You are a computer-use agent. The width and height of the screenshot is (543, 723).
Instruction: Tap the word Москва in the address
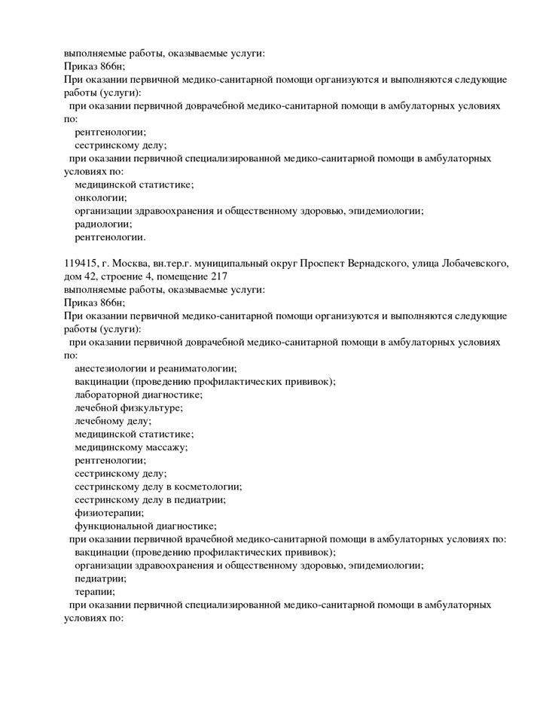(131, 263)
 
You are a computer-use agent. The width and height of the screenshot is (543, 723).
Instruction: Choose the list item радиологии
(103, 224)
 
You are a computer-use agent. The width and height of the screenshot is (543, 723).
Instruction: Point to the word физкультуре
(154, 407)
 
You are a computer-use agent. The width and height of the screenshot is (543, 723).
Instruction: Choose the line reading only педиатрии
(100, 578)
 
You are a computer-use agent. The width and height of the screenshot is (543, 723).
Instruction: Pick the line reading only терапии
(95, 592)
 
